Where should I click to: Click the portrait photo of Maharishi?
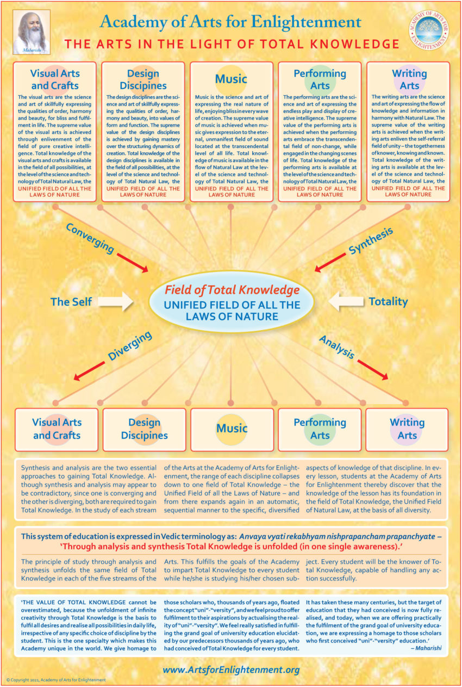(32, 30)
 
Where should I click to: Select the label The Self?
(71, 301)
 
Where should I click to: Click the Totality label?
(388, 301)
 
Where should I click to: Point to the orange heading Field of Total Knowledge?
(232, 289)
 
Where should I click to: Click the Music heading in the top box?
(231, 79)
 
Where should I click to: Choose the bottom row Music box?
(232, 429)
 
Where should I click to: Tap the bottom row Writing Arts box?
(407, 429)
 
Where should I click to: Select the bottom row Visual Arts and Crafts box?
(57, 429)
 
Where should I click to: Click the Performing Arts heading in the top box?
(320, 79)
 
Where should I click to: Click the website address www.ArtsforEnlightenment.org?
(231, 670)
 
